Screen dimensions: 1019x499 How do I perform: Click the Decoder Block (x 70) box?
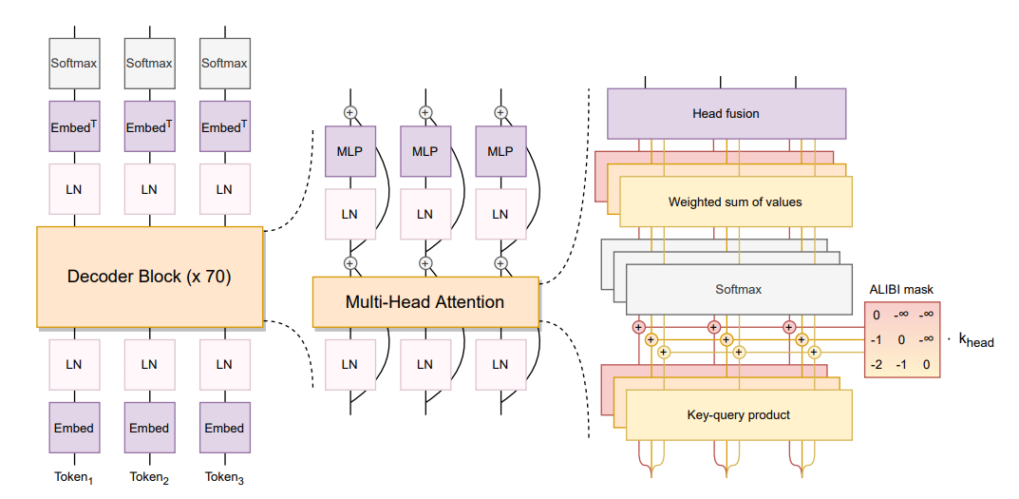(x=149, y=277)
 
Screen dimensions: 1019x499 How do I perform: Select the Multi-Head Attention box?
(x=425, y=302)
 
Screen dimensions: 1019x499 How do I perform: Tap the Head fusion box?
(x=726, y=114)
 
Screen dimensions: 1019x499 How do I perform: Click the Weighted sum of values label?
(x=735, y=202)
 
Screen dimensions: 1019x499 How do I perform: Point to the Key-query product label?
(x=738, y=414)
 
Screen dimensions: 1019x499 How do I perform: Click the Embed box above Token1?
(x=74, y=428)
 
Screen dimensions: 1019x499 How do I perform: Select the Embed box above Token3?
(x=224, y=428)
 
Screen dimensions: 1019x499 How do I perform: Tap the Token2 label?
(x=149, y=478)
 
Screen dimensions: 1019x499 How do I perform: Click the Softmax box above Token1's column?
(x=74, y=63)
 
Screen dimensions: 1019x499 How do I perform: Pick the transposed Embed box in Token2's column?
(x=149, y=126)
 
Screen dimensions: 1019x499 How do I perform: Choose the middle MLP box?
(x=425, y=151)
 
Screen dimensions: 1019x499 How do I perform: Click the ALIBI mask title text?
(x=900, y=290)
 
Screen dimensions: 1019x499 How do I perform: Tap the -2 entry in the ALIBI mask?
(x=876, y=364)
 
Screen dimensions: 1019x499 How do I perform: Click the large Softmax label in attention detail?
(x=738, y=289)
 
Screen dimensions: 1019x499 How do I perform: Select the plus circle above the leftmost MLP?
(x=350, y=112)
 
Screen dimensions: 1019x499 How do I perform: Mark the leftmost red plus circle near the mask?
(x=638, y=327)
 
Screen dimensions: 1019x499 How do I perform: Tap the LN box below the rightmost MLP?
(x=500, y=214)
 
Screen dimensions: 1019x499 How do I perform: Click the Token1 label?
(x=74, y=478)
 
